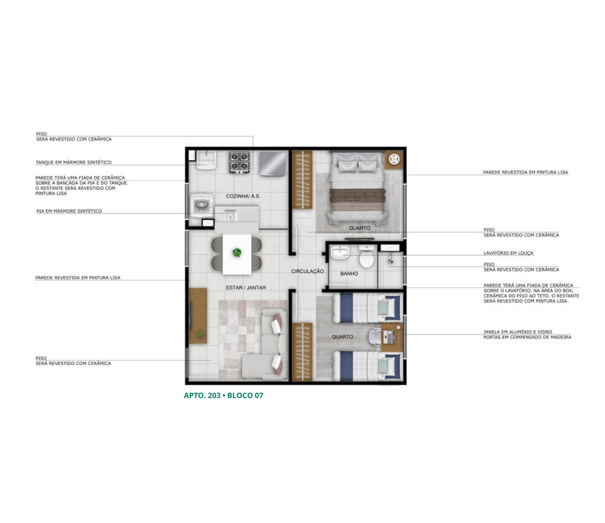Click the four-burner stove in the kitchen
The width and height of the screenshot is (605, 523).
coord(239,163)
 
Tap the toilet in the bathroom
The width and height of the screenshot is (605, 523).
coord(366,256)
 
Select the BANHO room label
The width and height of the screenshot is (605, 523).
coord(349,274)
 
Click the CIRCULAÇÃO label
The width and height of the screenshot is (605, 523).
coord(307,271)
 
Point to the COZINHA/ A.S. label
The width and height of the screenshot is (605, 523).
coord(243,196)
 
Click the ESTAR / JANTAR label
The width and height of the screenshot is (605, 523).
coord(246,288)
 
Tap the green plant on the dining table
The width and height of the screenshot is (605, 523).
coord(237,252)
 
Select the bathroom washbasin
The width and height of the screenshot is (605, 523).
coord(340,252)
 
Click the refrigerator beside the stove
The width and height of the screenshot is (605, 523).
coord(272,164)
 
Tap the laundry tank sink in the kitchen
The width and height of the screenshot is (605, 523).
coord(206,160)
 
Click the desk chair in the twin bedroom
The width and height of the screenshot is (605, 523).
coord(376,337)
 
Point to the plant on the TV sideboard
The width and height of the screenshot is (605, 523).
coord(200,334)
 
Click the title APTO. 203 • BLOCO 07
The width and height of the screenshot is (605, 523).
coord(223,395)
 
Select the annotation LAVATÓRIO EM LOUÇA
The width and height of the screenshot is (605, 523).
coord(508,253)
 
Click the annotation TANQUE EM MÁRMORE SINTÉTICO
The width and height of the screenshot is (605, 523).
coord(74,162)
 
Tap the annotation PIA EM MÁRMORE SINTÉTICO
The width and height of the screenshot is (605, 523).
coord(69,211)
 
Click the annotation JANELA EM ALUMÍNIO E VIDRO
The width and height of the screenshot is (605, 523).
coord(518,332)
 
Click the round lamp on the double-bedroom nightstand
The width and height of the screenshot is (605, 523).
coord(394,159)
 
